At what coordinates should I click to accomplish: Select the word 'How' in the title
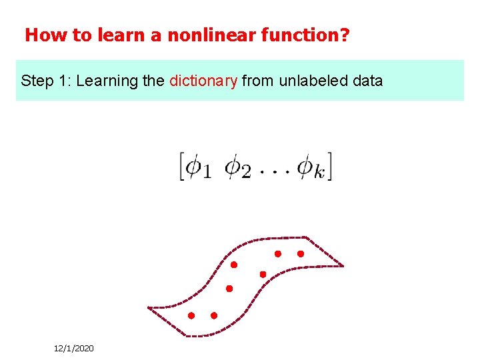pos(39,35)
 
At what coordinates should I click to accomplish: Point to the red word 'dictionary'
pos(203,81)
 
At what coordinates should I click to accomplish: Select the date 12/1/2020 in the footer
pos(74,349)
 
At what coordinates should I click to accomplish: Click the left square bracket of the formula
pos(181,165)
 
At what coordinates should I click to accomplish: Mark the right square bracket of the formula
pos(328,165)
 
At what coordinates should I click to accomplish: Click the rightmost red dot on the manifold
pos(300,253)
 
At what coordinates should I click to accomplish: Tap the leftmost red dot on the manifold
pos(191,315)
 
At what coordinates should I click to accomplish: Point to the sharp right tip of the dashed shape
pos(343,266)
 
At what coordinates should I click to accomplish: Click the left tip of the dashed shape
pos(149,308)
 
